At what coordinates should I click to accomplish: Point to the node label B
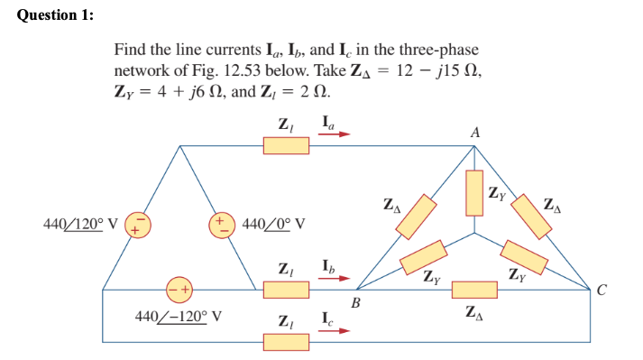pyautogui.click(x=355, y=304)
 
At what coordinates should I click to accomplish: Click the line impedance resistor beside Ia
pyautogui.click(x=286, y=144)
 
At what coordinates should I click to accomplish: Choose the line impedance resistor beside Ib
pyautogui.click(x=286, y=290)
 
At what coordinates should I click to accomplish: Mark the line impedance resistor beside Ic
pyautogui.click(x=286, y=342)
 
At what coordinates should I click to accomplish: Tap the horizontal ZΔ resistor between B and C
pyautogui.click(x=474, y=290)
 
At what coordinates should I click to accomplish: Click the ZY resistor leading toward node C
pyautogui.click(x=524, y=256)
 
